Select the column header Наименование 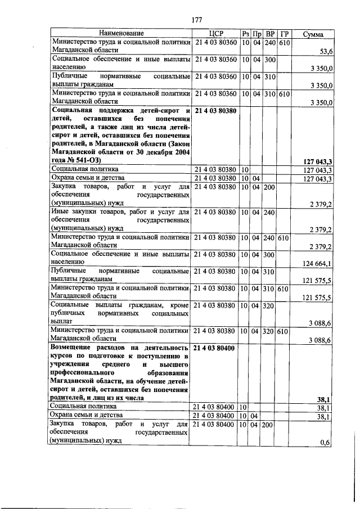point(122,34)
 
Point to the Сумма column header point(313,34)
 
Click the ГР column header point(284,34)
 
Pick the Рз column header point(245,34)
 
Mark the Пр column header point(256,34)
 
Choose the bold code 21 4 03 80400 point(215,348)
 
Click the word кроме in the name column point(179,304)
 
